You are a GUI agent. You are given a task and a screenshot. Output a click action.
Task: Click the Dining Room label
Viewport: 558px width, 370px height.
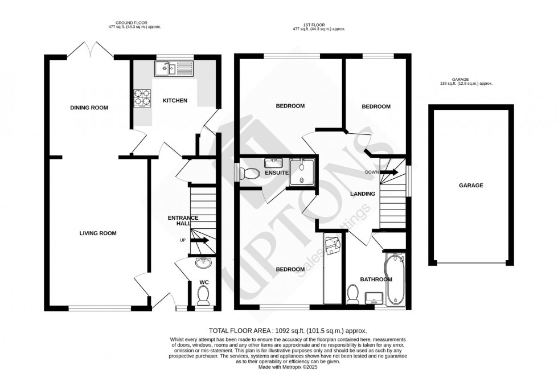(x=89, y=108)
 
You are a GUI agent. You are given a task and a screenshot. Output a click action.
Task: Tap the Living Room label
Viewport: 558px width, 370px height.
(x=97, y=233)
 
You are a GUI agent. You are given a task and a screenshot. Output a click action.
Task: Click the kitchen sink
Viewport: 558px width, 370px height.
(x=174, y=69)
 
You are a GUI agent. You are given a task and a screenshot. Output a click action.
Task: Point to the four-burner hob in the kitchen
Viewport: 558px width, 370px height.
(x=142, y=97)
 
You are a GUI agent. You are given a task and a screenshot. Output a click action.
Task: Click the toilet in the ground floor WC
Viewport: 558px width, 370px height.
(x=202, y=295)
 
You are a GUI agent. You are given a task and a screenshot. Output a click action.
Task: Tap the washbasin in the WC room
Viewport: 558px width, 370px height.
(x=202, y=263)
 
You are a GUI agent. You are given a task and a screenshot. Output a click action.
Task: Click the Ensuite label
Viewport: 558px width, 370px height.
(x=276, y=172)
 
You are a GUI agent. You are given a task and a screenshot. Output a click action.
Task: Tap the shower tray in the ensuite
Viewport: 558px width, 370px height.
(x=301, y=172)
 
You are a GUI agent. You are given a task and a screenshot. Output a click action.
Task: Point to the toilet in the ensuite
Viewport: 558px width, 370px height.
(x=248, y=173)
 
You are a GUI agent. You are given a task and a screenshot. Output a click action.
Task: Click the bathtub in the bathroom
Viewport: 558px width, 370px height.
(x=395, y=279)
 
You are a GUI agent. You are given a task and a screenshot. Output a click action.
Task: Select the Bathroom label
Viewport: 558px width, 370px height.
(x=376, y=279)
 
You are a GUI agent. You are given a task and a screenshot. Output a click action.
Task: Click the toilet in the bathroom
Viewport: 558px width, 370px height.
(x=352, y=294)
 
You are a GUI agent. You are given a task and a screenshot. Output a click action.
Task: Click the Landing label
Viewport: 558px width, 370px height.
(x=363, y=194)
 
